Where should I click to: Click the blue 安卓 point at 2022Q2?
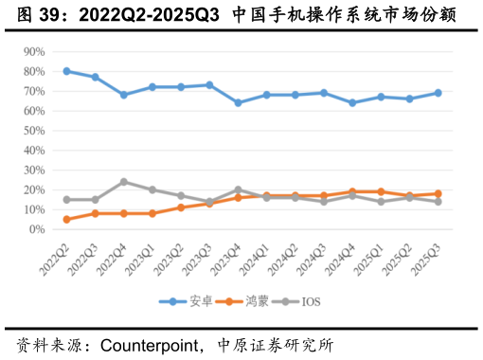(x=66, y=71)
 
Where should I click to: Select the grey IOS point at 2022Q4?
(x=124, y=182)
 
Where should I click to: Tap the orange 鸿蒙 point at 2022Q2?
(x=66, y=220)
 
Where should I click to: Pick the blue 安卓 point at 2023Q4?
(x=238, y=102)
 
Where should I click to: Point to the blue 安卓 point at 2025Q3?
(x=438, y=93)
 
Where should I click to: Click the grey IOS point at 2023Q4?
(x=238, y=189)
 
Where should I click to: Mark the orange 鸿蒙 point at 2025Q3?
(x=438, y=194)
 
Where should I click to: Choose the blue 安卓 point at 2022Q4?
(x=124, y=95)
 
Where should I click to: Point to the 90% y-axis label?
(x=34, y=51)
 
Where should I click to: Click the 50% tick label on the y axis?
(x=34, y=131)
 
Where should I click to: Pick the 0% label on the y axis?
(x=37, y=229)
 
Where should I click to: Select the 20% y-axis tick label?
(x=34, y=189)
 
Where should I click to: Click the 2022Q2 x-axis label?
(x=57, y=256)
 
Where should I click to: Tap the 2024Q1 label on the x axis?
(x=257, y=256)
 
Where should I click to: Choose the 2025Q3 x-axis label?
(x=428, y=256)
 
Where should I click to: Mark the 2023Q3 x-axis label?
(x=200, y=256)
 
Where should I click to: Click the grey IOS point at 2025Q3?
(x=438, y=202)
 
